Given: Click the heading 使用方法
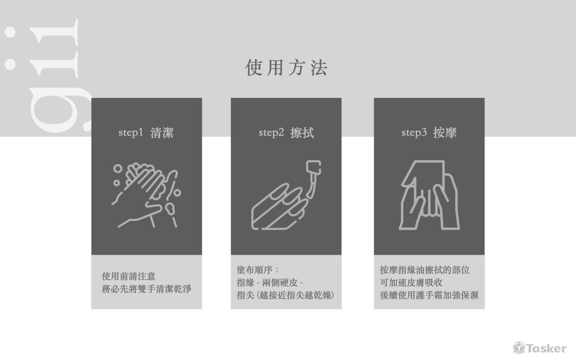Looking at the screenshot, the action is [x=286, y=67].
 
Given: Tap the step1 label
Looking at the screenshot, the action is [x=130, y=132].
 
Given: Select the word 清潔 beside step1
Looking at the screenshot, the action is [x=162, y=132].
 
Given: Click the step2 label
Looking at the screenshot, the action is [x=271, y=132].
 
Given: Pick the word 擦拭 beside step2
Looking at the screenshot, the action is [x=302, y=132].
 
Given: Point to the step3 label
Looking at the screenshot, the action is [x=414, y=132].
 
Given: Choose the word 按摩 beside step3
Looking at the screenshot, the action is [x=445, y=132].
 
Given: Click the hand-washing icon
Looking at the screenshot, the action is [x=146, y=195].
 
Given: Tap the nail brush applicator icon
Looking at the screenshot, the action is [x=286, y=195].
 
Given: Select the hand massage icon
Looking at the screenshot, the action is [x=429, y=195].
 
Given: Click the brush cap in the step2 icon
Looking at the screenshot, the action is [x=313, y=168].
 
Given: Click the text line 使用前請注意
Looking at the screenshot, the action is [x=128, y=276].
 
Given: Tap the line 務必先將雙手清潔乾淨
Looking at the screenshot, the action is [x=146, y=289].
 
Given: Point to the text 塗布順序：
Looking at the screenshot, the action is [x=258, y=270].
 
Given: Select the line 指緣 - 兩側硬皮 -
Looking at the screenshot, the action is [x=270, y=282].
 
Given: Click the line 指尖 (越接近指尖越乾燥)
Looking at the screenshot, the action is [x=286, y=295].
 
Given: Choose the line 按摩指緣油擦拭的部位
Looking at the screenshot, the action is [x=425, y=270].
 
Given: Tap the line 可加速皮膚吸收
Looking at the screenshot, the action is [x=411, y=282].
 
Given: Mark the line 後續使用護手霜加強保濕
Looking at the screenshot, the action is [x=429, y=295].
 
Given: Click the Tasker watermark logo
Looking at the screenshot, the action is [x=540, y=348].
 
